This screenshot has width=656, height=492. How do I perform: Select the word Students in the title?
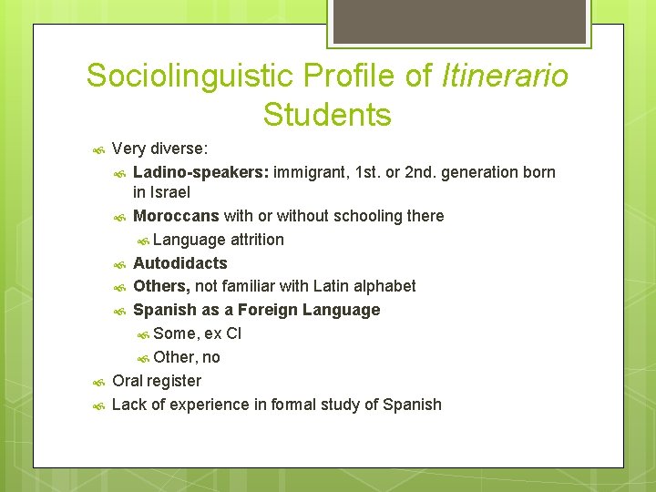(327, 116)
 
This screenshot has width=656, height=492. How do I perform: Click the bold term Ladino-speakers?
(200, 172)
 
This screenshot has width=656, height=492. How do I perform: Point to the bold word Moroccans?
(176, 216)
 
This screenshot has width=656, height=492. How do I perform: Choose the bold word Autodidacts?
(180, 263)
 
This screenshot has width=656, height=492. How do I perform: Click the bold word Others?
(162, 286)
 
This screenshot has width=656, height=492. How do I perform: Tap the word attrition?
(257, 240)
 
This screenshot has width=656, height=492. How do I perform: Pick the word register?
(174, 381)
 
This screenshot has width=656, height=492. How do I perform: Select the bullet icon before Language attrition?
(143, 241)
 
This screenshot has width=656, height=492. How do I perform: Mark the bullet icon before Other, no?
(143, 358)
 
